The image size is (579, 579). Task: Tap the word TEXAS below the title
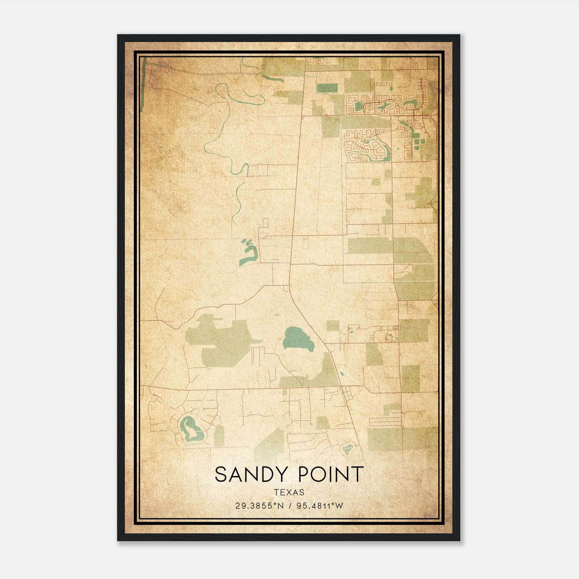coord(289,493)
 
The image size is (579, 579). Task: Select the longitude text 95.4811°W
coord(320,506)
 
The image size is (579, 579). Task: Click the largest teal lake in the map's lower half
coord(297,338)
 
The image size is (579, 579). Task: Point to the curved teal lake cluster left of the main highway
coord(249,253)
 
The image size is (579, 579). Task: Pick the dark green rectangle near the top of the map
coord(327,88)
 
